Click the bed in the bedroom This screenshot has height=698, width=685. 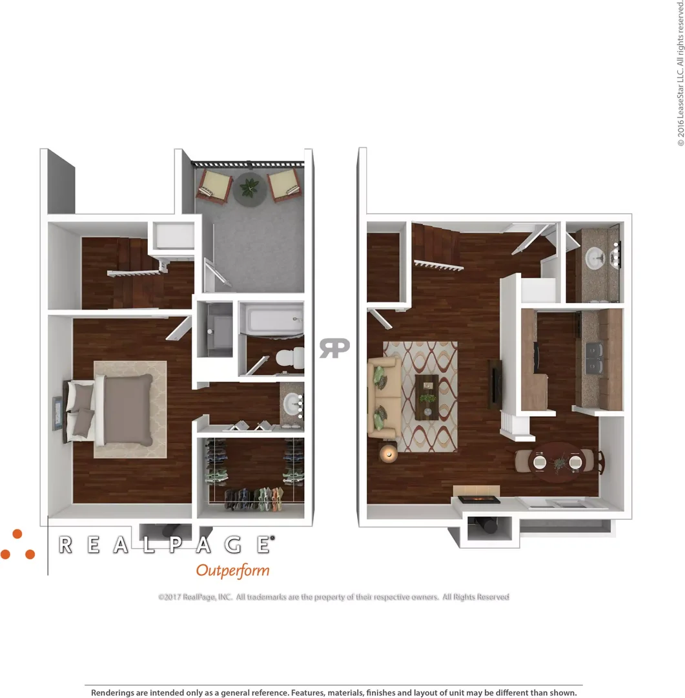click(x=110, y=410)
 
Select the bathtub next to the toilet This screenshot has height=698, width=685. click(x=271, y=318)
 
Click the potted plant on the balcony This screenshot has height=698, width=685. click(x=250, y=187)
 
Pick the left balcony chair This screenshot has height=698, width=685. click(x=215, y=185)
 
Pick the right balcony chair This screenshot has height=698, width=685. click(x=285, y=185)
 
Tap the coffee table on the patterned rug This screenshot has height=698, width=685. click(x=427, y=397)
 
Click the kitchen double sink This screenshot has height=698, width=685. click(x=594, y=357)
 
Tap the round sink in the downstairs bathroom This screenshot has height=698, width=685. click(x=595, y=258)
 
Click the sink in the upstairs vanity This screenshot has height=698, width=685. click(x=292, y=405)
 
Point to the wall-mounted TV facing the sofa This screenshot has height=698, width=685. click(x=496, y=383)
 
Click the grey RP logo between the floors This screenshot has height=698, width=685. click(x=334, y=348)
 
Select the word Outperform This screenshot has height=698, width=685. click(x=232, y=571)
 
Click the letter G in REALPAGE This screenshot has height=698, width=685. click(x=232, y=544)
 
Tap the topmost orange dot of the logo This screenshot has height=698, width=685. click(x=17, y=534)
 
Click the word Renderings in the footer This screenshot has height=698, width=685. click(x=112, y=693)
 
